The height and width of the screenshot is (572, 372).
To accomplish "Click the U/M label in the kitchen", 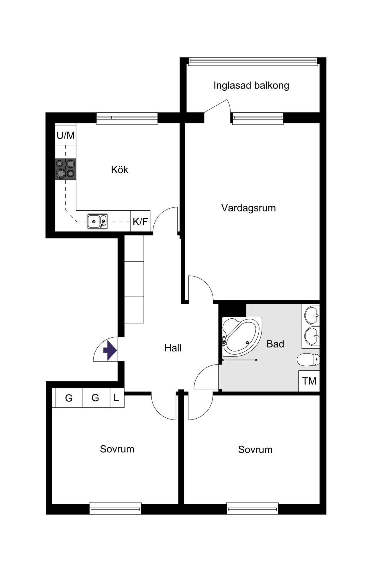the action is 66,135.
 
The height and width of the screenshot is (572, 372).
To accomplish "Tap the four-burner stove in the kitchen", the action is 66,169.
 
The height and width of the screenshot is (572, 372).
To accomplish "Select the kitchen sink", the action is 97,221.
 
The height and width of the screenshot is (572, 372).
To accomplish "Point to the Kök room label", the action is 119,170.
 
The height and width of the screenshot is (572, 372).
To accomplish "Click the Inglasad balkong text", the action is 251,86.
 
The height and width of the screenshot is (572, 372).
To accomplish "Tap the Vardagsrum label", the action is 248,208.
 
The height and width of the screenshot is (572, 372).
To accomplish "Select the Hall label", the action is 173,348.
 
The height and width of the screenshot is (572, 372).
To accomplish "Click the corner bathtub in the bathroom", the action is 242,337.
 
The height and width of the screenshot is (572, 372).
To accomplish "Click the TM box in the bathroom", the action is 309,381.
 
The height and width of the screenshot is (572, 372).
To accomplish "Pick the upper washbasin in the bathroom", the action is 312,315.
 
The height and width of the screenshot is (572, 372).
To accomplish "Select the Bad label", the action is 275,344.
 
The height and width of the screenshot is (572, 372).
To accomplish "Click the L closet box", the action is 117,398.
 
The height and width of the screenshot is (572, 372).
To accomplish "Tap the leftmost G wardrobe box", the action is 69,398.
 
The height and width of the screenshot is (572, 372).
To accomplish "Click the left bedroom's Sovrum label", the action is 117,449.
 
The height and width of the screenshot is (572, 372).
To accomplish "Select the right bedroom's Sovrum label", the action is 255,450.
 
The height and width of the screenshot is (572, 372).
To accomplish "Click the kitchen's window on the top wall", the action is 127,118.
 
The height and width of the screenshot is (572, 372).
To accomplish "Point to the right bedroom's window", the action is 253,508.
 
